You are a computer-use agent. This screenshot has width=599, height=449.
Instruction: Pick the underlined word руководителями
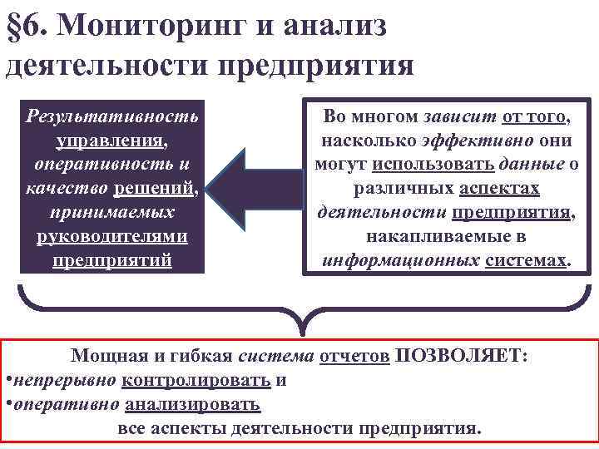coord(112,236)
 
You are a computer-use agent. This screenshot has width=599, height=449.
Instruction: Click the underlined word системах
coord(527,261)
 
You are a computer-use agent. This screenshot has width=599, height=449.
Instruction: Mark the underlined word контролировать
coord(196,381)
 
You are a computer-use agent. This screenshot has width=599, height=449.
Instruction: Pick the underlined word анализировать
coord(193,405)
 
